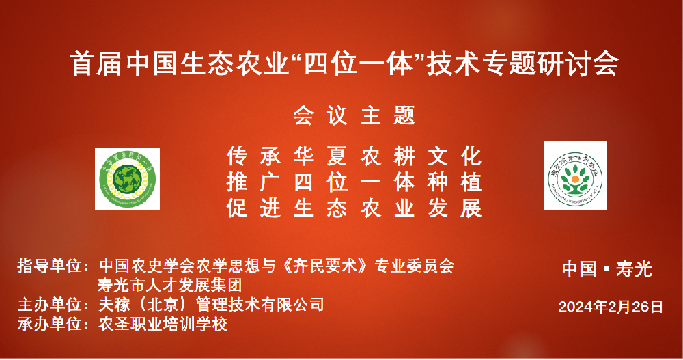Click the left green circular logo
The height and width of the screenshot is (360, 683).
pyautogui.click(x=127, y=179)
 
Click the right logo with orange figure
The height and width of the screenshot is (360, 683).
pyautogui.click(x=576, y=176)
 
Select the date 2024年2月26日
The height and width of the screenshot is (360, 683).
pyautogui.click(x=611, y=307)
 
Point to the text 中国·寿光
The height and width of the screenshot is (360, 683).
pyautogui.click(x=607, y=269)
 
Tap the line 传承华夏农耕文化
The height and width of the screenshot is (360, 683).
pyautogui.click(x=354, y=156)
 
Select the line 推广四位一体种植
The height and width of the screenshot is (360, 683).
pyautogui.click(x=354, y=182)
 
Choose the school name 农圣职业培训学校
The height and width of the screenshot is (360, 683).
pyautogui.click(x=163, y=324)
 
